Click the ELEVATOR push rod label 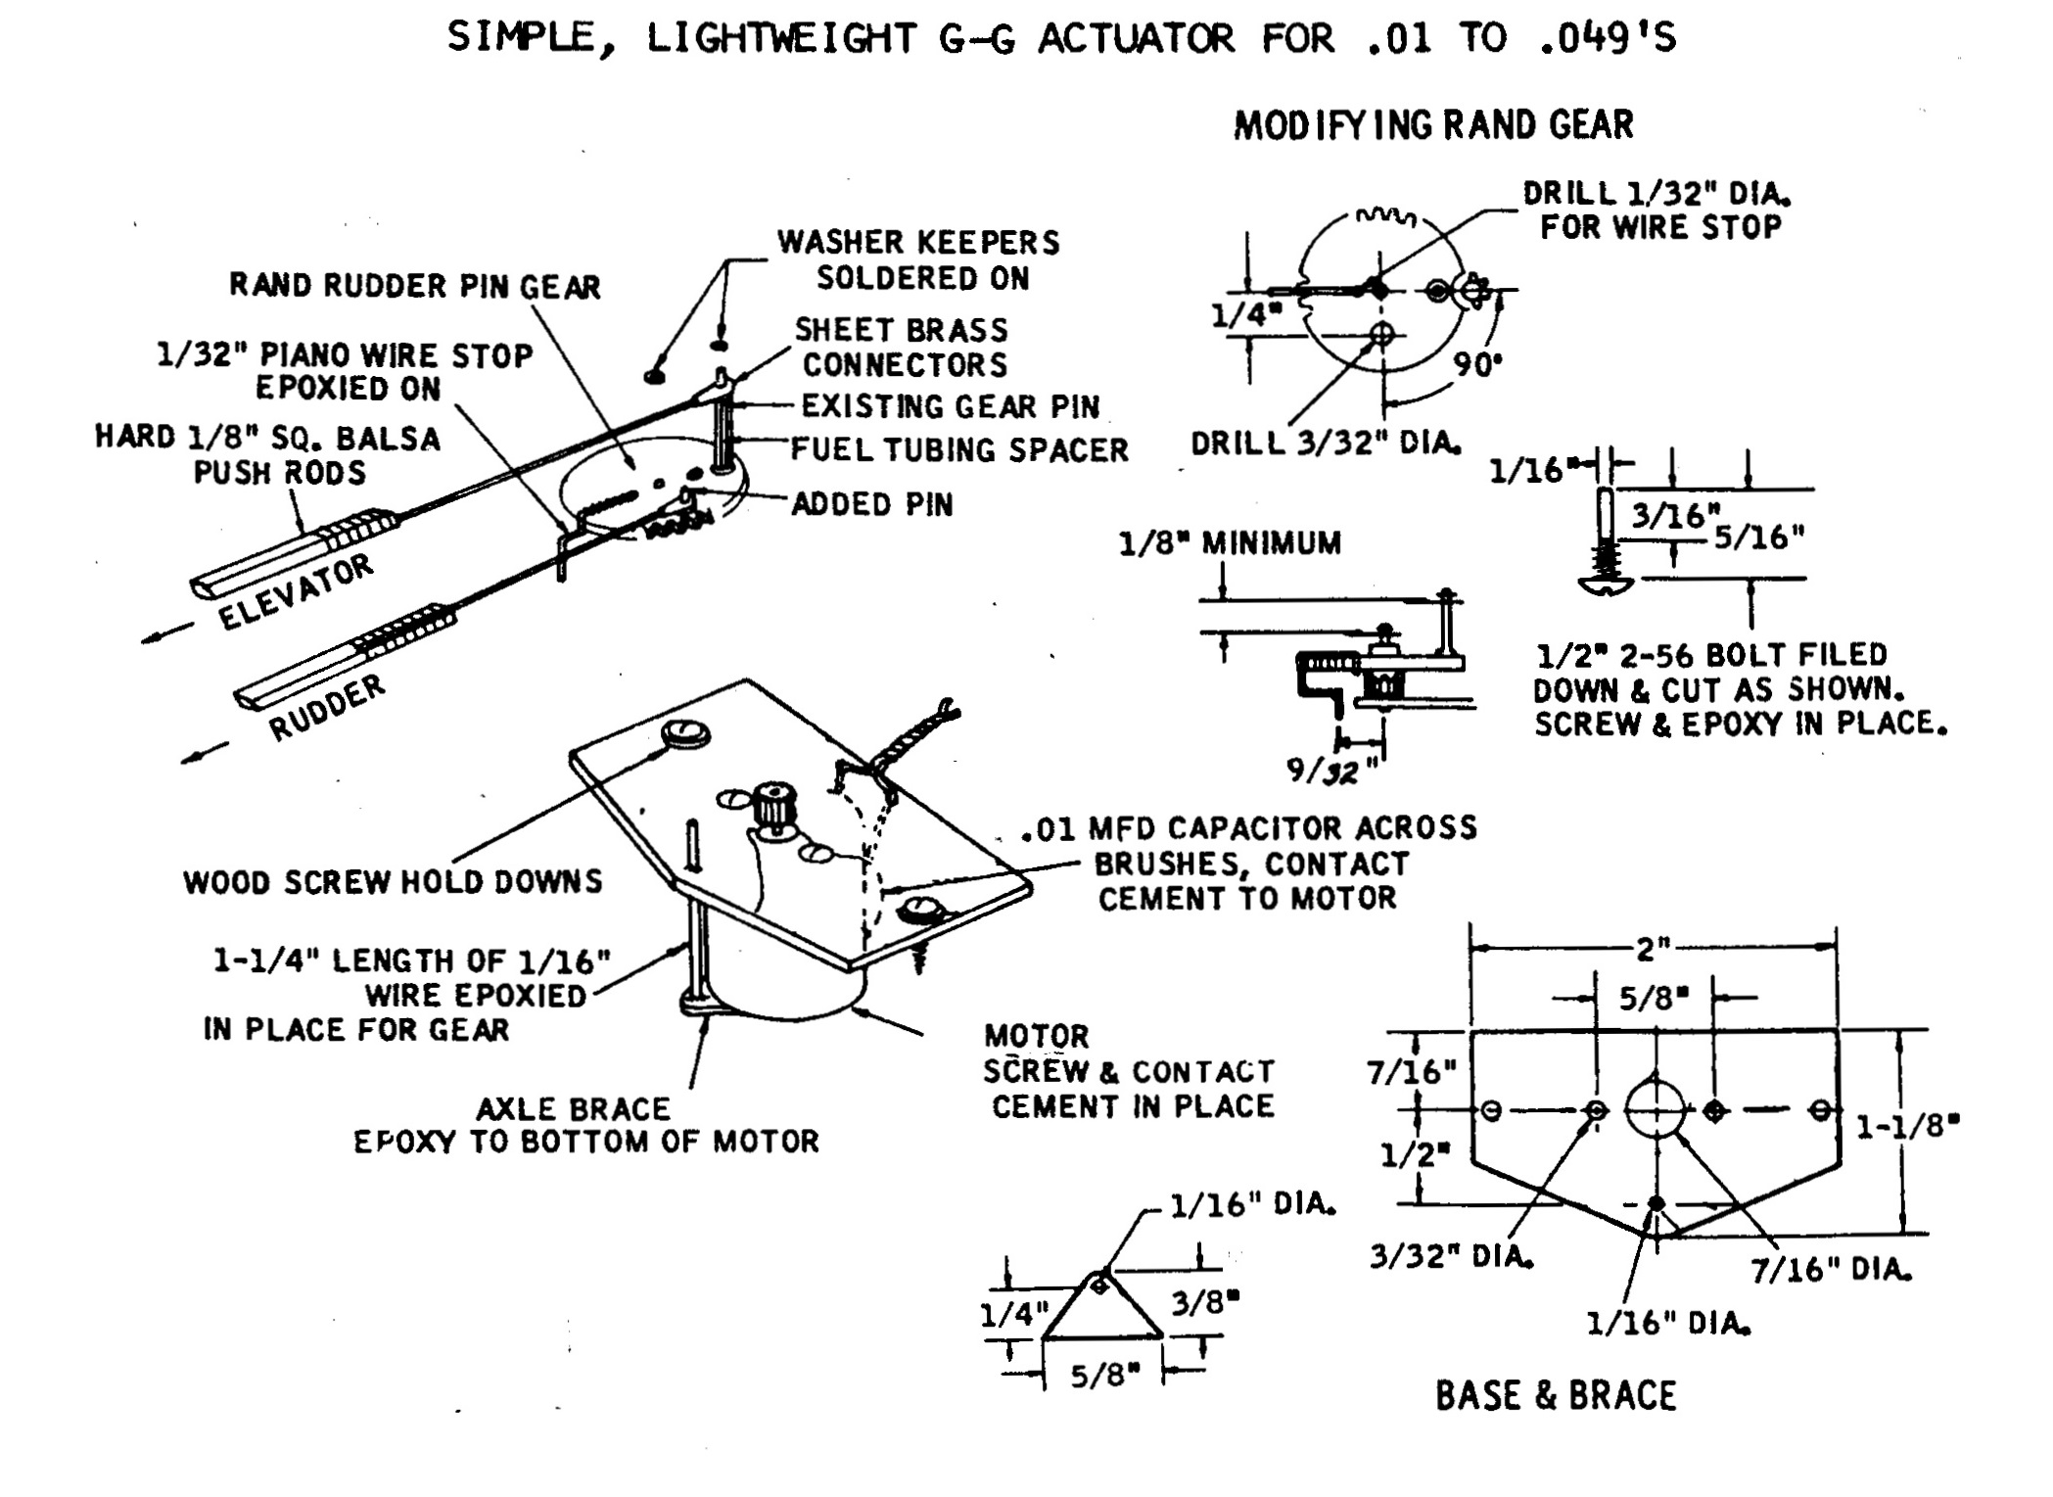[x=295, y=590]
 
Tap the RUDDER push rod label [x=327, y=707]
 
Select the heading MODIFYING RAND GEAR [x=1433, y=125]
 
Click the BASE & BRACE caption [x=1556, y=1395]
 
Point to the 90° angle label [x=1477, y=365]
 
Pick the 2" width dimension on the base [x=1652, y=948]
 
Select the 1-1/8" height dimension [x=1908, y=1126]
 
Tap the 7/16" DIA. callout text [x=1830, y=1270]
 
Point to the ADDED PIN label [x=871, y=504]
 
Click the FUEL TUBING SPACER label [x=958, y=449]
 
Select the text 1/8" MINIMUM [x=1230, y=543]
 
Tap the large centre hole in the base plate [x=1655, y=1109]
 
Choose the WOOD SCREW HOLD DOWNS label [x=393, y=882]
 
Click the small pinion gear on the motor [x=773, y=805]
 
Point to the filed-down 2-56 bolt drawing [x=1606, y=548]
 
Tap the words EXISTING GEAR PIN [x=950, y=405]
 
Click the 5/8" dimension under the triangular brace [x=1104, y=1375]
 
